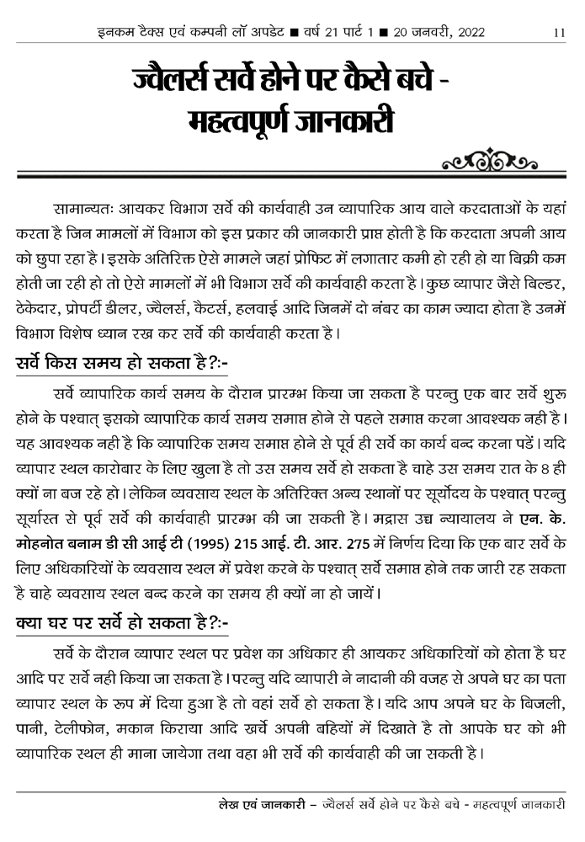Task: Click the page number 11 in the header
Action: [560, 33]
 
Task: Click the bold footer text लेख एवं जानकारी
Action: [259, 806]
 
